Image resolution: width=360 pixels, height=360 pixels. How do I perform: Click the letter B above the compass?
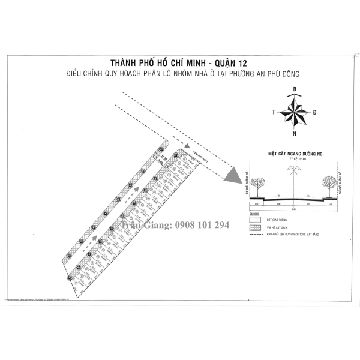point(295,90)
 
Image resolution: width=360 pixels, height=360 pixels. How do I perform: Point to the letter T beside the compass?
point(274,112)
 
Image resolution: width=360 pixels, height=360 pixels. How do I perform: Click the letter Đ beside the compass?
point(315,112)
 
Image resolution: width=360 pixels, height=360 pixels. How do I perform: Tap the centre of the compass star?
point(295,112)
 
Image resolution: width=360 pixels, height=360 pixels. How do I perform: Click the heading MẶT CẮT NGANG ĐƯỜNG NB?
point(292,154)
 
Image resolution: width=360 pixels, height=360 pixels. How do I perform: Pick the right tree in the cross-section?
point(328,182)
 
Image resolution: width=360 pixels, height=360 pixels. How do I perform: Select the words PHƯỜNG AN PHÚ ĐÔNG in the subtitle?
point(262,73)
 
